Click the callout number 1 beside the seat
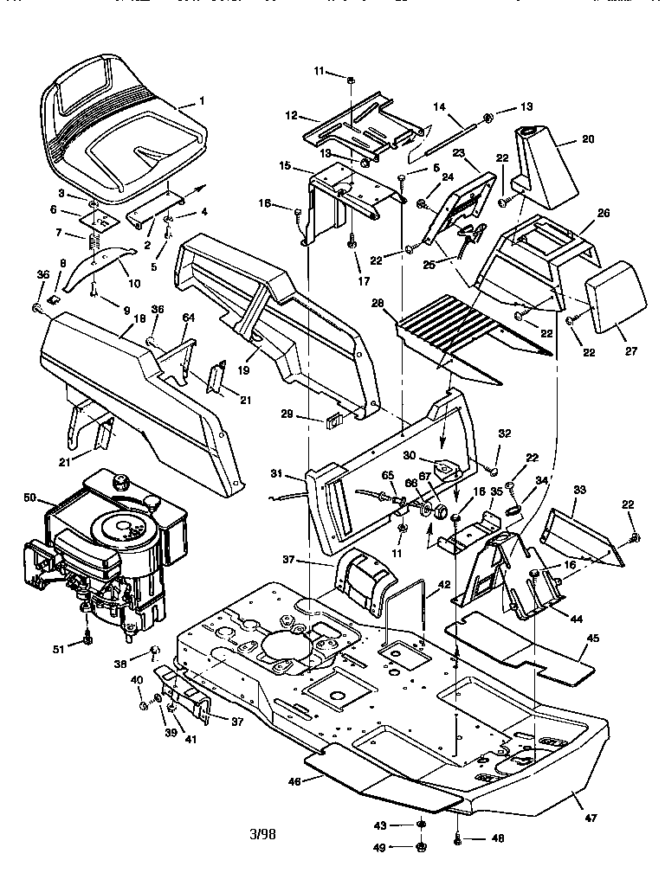tap(202, 100)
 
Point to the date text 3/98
tap(262, 835)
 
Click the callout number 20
tap(588, 138)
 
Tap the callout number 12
tap(290, 114)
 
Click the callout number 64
tap(189, 318)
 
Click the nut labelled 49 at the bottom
tap(421, 846)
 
